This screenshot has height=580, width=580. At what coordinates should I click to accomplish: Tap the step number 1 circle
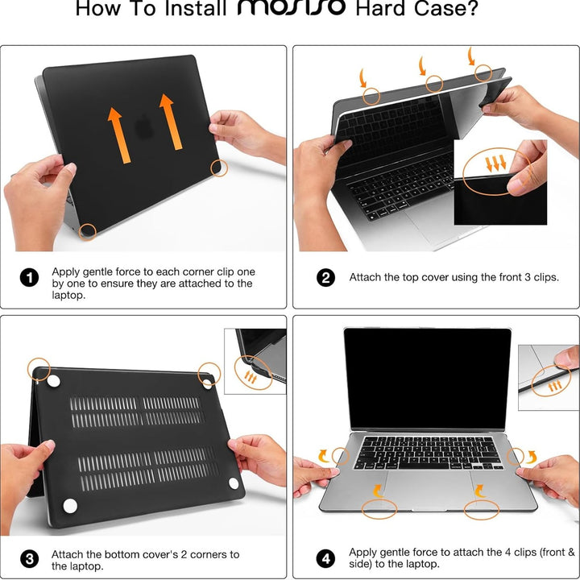tap(29, 278)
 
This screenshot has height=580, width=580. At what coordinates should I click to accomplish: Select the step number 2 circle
tap(325, 278)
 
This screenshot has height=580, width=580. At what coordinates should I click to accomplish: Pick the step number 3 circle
tap(29, 559)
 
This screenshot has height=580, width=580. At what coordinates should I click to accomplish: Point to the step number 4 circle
tap(325, 557)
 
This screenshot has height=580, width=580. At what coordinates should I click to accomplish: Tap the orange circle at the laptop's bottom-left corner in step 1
tap(88, 232)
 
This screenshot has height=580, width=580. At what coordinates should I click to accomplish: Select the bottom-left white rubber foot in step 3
tap(70, 505)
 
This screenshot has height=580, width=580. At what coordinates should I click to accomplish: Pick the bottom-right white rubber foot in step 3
tap(234, 483)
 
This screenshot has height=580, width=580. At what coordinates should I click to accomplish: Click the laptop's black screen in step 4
tap(427, 378)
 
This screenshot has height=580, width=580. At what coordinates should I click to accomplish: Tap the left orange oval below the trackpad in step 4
tap(379, 508)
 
